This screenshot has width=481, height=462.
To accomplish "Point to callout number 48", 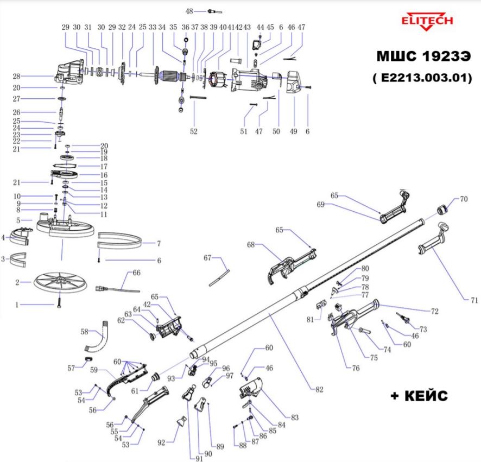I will tap(189, 11).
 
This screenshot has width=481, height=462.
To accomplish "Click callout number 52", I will tap(194, 131).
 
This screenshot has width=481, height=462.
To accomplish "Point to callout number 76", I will tap(355, 368).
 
